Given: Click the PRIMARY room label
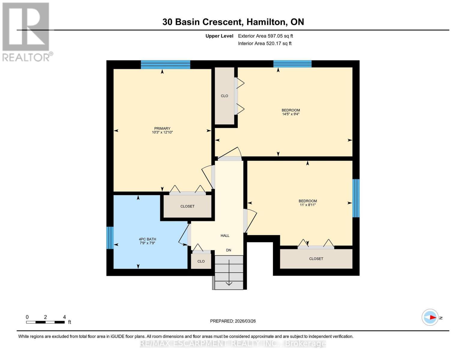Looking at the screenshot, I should click(x=162, y=128).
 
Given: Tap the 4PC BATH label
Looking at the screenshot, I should click(x=147, y=239).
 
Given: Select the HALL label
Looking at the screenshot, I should click(x=225, y=235).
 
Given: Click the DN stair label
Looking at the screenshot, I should click(x=228, y=250).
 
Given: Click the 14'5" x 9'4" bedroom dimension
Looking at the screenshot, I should click(x=290, y=114).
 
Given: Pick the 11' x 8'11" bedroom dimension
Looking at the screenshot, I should click(x=308, y=205).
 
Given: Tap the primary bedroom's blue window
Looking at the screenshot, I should click(x=165, y=64).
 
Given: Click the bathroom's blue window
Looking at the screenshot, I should click(x=110, y=238).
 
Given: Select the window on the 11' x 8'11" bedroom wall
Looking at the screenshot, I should click(x=356, y=198).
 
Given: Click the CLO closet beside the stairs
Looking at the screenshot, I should click(x=201, y=261).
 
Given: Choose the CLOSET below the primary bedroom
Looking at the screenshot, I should click(x=187, y=206).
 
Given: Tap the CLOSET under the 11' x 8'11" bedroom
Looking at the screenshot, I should click(x=316, y=259).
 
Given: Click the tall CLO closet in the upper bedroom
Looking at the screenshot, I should click(x=224, y=96).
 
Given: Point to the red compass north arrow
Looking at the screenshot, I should click(x=432, y=317).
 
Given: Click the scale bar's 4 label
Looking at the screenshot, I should click(x=64, y=317).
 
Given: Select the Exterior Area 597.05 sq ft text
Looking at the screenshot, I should click(x=265, y=36).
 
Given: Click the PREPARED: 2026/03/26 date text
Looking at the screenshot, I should click(x=233, y=321).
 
